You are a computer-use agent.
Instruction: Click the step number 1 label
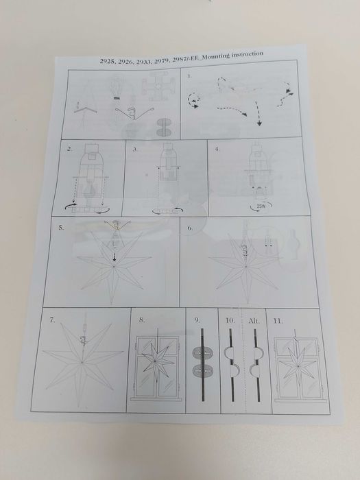[189, 76]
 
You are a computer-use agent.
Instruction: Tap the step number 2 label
[70, 149]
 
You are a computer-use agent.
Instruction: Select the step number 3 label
[134, 149]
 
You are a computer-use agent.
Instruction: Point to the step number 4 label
[217, 149]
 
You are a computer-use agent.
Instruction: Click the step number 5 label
[61, 228]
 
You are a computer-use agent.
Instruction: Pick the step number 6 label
[190, 228]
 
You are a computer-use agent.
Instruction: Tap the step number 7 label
[52, 320]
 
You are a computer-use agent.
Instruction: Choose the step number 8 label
[142, 320]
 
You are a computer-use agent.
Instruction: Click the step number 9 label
[197, 320]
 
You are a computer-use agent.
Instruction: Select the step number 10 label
[230, 320]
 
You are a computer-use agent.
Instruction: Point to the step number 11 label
[278, 321]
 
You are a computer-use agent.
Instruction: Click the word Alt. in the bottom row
[254, 321]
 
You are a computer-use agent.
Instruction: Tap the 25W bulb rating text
[261, 206]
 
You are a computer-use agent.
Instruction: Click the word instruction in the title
[248, 54]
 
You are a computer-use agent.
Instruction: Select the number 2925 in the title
[108, 61]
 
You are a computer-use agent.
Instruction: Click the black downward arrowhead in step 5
[115, 259]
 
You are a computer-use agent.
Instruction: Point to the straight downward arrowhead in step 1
[259, 123]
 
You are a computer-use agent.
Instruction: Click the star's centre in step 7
[82, 363]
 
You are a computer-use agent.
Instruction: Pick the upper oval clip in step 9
[202, 353]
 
